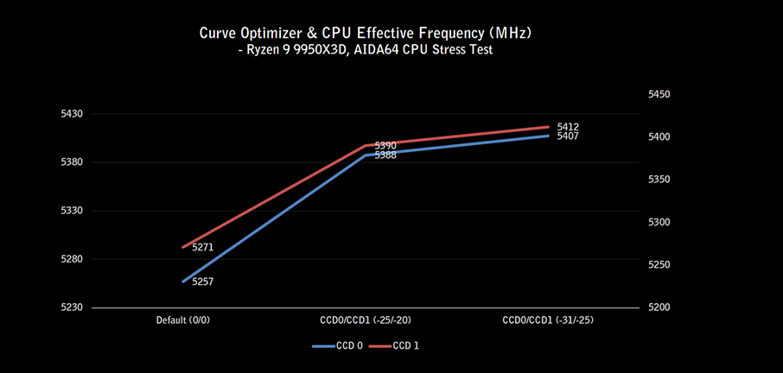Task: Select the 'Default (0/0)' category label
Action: point(183,320)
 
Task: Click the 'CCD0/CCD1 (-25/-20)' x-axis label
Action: point(365,320)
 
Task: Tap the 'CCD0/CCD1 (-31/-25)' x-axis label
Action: point(548,320)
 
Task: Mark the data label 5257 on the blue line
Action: point(202,282)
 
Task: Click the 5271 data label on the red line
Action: point(202,248)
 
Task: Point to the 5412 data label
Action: point(568,127)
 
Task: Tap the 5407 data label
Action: point(568,136)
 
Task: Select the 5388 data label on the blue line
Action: point(385,155)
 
